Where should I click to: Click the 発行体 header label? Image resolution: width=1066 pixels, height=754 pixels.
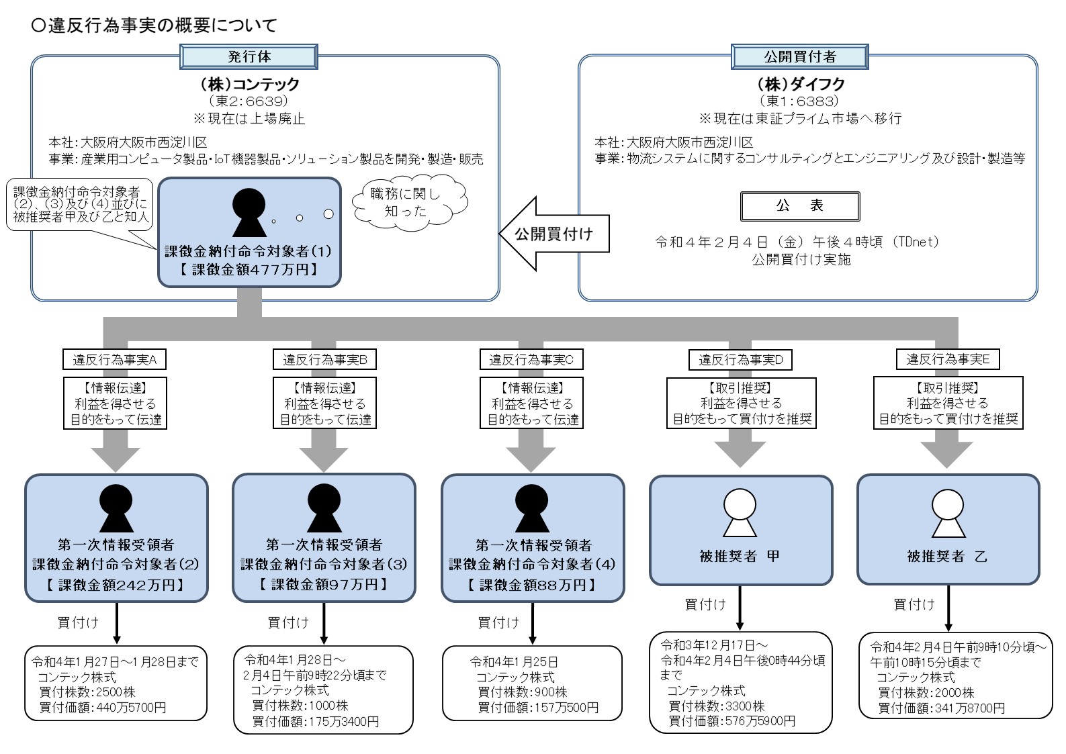click(x=249, y=57)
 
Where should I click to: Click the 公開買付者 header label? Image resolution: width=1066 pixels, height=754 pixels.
click(x=799, y=57)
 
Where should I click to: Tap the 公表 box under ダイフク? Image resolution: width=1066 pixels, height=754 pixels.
click(x=799, y=206)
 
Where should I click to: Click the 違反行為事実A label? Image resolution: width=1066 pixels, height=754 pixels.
click(x=115, y=360)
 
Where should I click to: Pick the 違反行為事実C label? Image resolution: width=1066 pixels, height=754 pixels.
click(x=531, y=360)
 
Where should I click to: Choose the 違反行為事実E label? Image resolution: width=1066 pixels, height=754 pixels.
click(x=947, y=360)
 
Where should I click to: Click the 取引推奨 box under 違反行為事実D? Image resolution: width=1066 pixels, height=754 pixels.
click(x=741, y=404)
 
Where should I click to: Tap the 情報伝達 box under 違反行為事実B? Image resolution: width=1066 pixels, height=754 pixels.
click(x=324, y=404)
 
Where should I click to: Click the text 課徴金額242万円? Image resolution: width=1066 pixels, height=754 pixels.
click(x=116, y=585)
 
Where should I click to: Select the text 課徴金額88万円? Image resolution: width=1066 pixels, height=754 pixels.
click(x=532, y=585)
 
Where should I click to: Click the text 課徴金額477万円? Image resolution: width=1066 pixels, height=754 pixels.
click(x=249, y=270)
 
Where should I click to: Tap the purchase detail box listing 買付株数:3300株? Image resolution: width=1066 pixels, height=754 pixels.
click(x=740, y=681)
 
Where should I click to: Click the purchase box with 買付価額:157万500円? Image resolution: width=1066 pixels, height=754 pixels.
click(x=532, y=684)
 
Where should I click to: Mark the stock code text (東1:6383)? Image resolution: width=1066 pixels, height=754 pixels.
click(x=799, y=101)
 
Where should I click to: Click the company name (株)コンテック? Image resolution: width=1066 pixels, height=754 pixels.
click(x=249, y=85)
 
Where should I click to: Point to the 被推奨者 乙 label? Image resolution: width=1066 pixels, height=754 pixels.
click(x=947, y=557)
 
